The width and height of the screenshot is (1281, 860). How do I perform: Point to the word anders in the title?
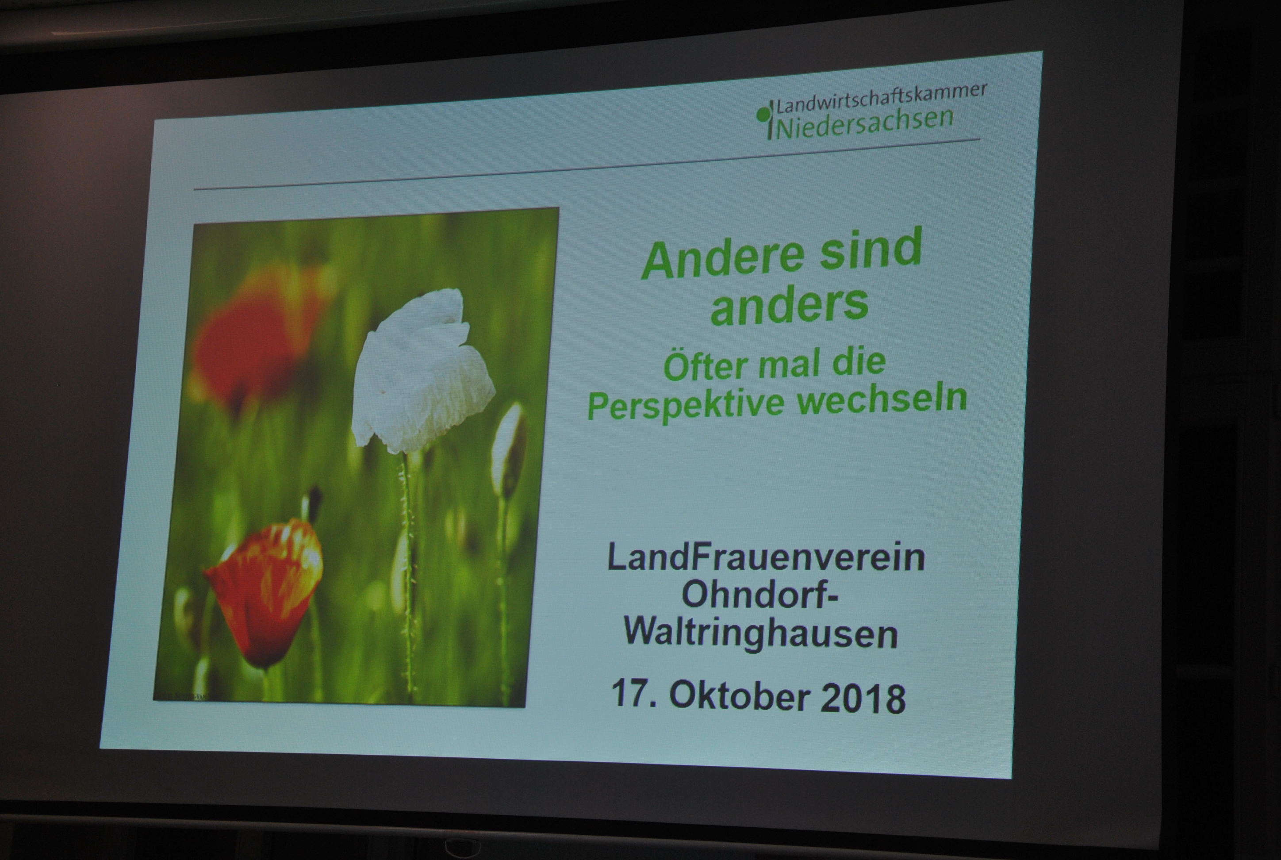click(x=790, y=306)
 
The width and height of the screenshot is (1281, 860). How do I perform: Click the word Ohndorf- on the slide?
click(x=759, y=595)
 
